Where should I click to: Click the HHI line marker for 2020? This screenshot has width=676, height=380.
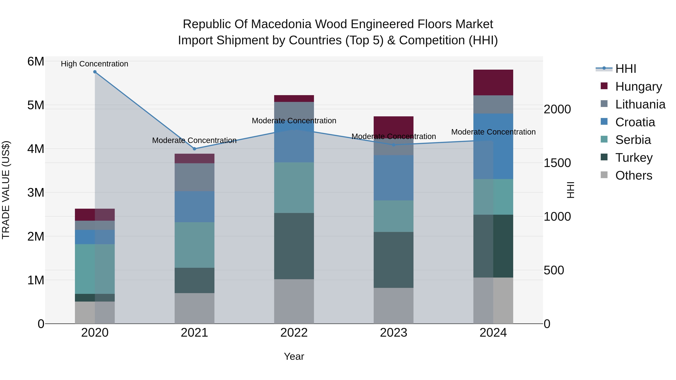(95, 72)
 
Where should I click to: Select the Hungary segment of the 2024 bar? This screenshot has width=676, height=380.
(493, 83)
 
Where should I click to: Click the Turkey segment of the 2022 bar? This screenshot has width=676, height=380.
(294, 246)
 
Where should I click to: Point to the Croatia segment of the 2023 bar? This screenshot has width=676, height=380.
(393, 178)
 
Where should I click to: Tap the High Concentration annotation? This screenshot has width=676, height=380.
(94, 64)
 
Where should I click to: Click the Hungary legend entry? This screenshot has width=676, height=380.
(638, 87)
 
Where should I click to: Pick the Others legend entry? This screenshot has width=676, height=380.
(634, 175)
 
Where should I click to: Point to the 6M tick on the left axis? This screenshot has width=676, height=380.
(36, 62)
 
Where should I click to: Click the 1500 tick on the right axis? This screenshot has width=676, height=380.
(557, 163)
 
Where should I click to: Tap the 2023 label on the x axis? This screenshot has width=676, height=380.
(393, 333)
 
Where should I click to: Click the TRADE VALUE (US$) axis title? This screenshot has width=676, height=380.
(6, 190)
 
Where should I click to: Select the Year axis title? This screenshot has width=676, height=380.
(294, 356)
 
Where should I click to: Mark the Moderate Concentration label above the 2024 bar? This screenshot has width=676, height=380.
(493, 132)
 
